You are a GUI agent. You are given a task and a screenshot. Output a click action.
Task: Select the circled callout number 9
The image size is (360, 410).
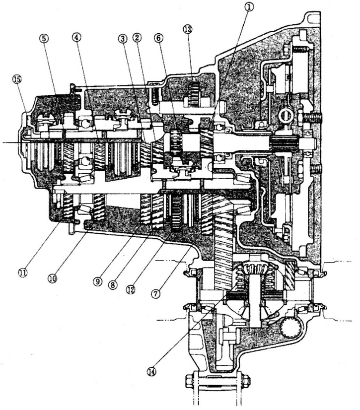[97, 280]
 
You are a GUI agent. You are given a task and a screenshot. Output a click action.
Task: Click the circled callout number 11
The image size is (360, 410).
[23, 272]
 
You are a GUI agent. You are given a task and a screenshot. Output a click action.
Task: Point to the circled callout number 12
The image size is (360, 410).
[131, 287]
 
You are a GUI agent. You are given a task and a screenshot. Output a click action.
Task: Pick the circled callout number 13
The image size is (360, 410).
[187, 30]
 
